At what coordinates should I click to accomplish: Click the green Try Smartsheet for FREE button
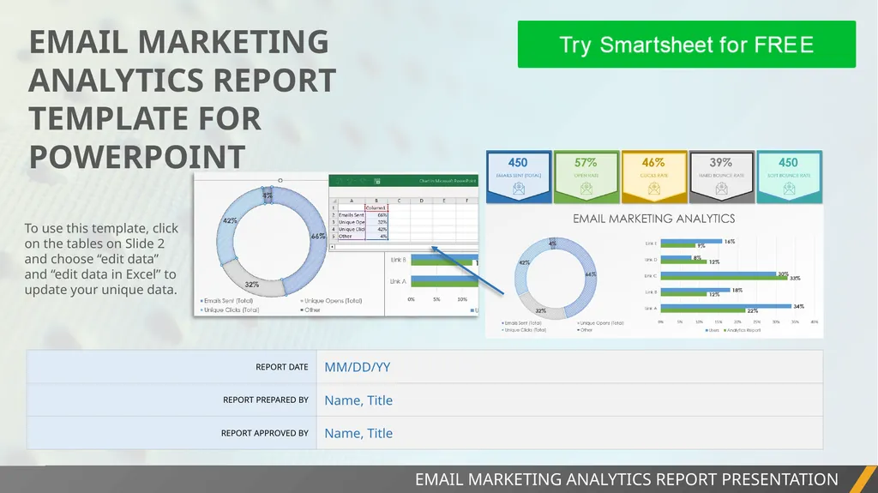tap(686, 45)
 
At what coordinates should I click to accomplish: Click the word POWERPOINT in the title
tap(137, 157)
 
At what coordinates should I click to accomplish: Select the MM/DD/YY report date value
tap(357, 367)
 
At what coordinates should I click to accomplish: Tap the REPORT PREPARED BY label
tap(265, 400)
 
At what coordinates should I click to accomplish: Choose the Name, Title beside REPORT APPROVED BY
tap(358, 433)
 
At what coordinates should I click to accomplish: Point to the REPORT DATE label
tap(281, 367)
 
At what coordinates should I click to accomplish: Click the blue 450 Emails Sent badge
tap(518, 176)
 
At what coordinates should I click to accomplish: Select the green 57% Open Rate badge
tap(586, 176)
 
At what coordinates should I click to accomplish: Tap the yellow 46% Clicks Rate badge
tap(653, 176)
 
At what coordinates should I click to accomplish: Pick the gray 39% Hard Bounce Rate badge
tap(721, 176)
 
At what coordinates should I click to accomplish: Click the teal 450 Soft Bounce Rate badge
tap(788, 176)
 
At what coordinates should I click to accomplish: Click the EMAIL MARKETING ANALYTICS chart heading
tap(653, 219)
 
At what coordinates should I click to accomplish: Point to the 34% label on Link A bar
tap(798, 306)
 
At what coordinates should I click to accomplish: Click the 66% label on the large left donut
tap(318, 236)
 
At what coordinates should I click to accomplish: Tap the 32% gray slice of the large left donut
tap(251, 283)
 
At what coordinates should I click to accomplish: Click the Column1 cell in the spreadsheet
tap(376, 207)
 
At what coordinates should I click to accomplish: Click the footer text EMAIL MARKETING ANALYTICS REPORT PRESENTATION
tap(626, 479)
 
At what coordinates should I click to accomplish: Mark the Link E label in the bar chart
tap(650, 244)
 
